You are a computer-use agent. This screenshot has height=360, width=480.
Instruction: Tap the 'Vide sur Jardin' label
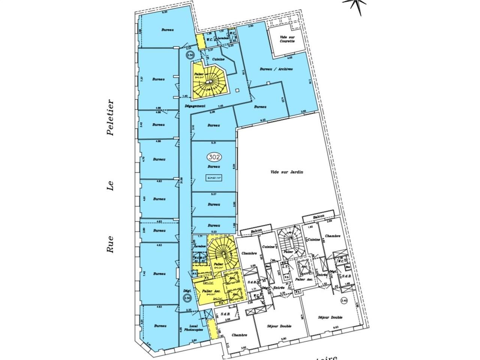pos(286,172)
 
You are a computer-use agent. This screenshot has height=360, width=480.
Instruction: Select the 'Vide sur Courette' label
pos(288,39)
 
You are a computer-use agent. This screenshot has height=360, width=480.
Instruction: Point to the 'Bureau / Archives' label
pos(276,69)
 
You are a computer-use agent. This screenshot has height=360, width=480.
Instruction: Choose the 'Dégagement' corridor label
pos(195,106)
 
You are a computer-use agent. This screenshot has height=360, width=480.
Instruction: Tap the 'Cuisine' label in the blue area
pos(219,59)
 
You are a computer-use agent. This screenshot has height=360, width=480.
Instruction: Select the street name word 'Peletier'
pos(110,117)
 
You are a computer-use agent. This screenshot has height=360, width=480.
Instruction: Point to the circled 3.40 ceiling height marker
pos(344,301)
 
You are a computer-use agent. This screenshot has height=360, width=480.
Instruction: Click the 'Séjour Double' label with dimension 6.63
pos(330,318)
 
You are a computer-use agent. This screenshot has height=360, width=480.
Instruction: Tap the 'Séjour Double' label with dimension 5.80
pos(280,326)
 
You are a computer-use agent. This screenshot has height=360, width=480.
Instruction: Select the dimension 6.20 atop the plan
pos(163,12)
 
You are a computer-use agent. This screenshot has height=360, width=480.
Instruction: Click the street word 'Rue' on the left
pos(110,244)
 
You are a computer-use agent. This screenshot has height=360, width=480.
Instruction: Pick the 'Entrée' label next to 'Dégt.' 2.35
pos(279,288)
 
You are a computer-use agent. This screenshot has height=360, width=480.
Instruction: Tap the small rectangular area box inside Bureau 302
pos(214,178)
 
